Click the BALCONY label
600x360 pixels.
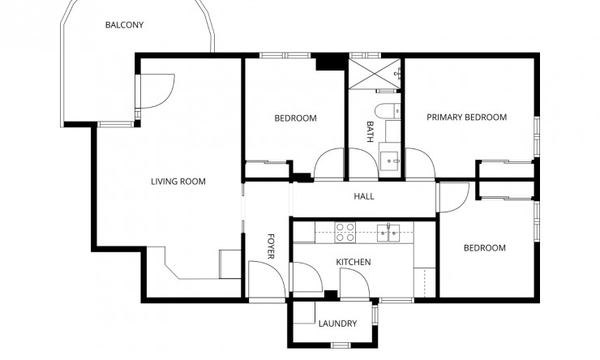[124, 25]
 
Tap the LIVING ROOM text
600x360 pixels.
[178, 182]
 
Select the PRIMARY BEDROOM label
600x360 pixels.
[466, 118]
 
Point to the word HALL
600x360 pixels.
[364, 196]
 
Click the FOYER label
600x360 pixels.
[272, 247]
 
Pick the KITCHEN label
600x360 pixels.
[354, 262]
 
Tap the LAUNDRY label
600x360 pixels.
[337, 324]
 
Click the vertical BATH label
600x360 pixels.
[371, 132]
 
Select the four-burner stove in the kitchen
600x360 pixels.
[345, 233]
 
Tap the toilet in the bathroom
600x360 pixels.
[387, 110]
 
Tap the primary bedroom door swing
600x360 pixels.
[418, 162]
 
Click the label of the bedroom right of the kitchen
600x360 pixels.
[484, 248]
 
